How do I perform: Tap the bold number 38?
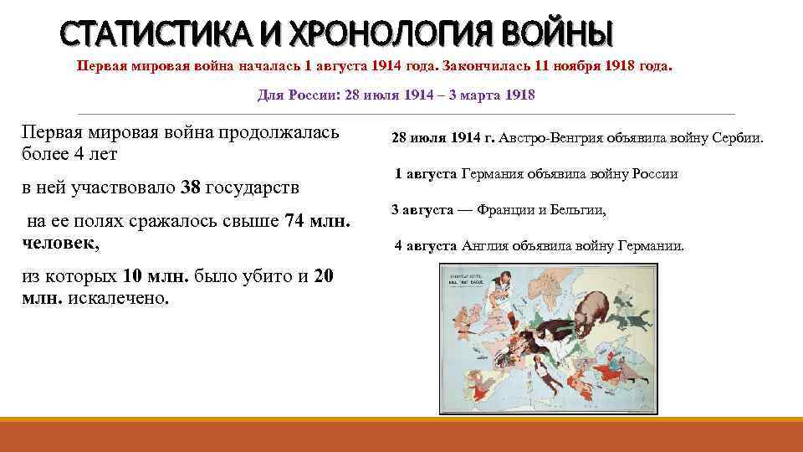(x=191, y=187)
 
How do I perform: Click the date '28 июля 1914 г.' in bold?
(x=443, y=138)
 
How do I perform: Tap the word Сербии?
(x=735, y=138)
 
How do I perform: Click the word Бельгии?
(x=578, y=210)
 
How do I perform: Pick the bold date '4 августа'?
(x=427, y=246)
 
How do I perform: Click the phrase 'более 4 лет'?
(x=70, y=154)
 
